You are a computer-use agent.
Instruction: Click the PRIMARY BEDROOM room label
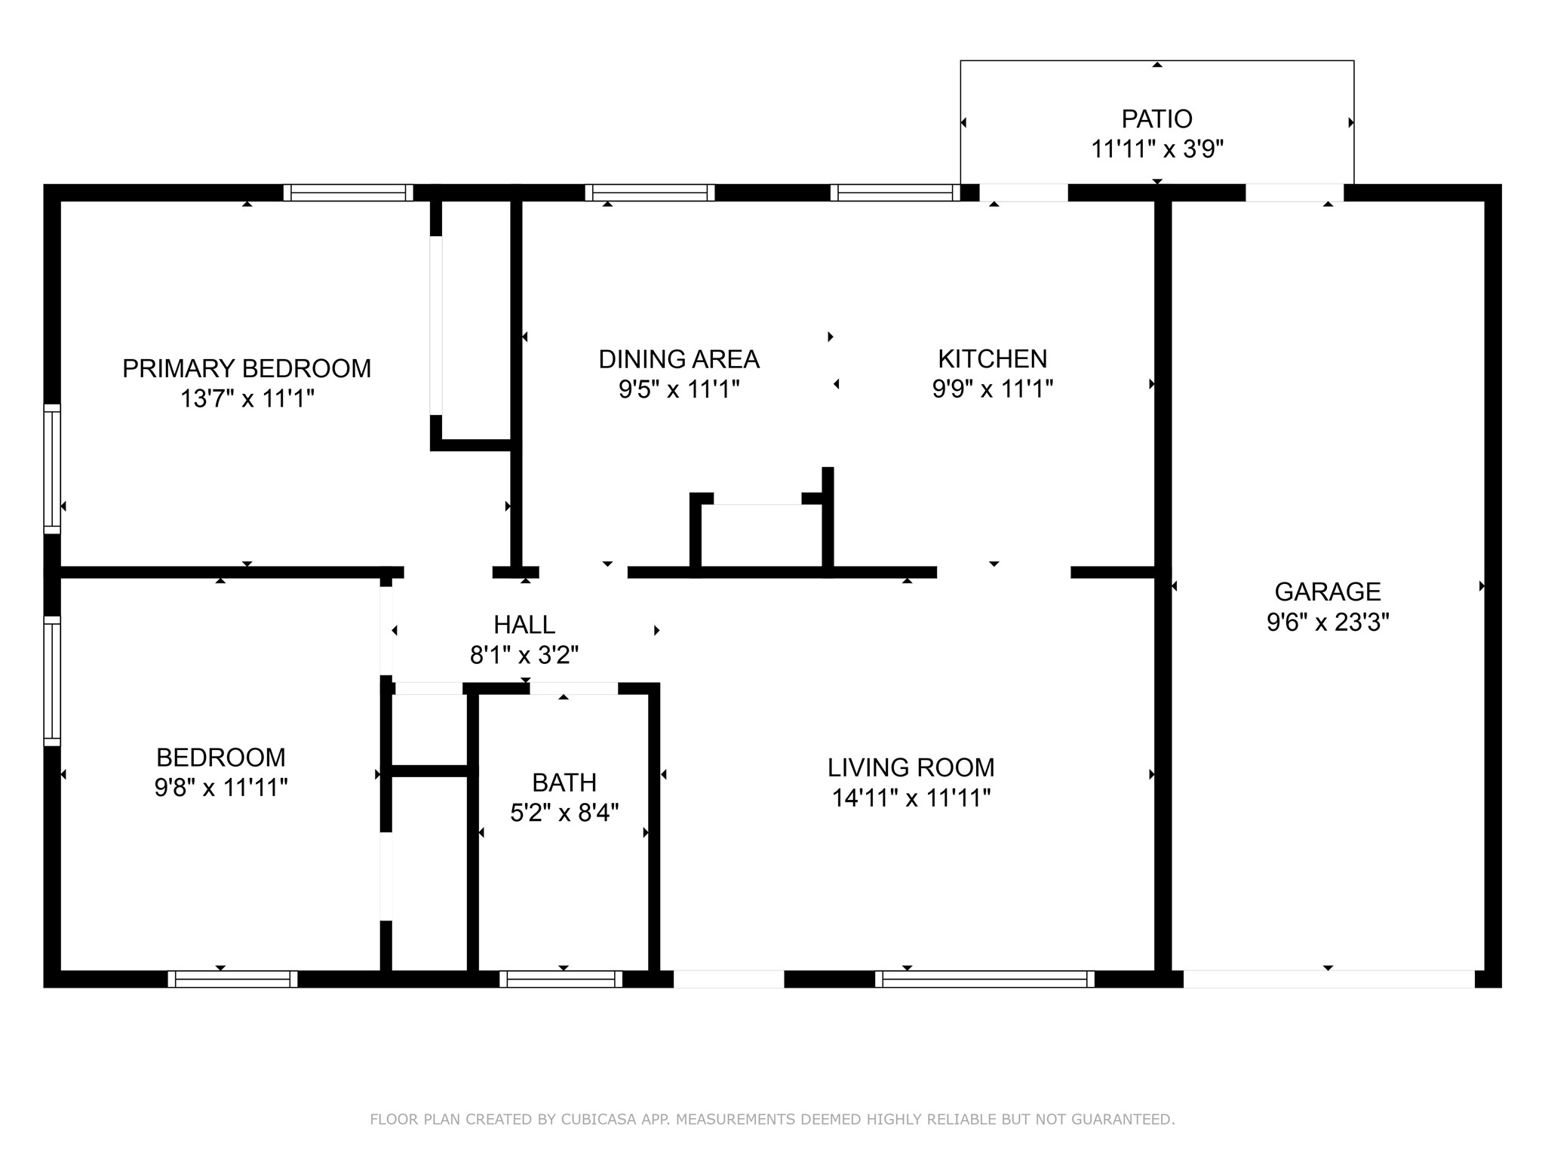click(247, 368)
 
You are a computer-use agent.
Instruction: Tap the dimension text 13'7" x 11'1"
click(247, 398)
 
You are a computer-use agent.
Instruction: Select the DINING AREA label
click(679, 359)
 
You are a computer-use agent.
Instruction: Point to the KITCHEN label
click(993, 358)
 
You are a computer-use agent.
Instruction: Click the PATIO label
click(1157, 119)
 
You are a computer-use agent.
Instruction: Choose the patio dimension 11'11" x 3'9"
click(1157, 149)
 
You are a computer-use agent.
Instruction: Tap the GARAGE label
click(1328, 592)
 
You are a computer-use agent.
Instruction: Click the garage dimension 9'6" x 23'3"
click(1328, 622)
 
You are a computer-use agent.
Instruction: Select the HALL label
click(524, 625)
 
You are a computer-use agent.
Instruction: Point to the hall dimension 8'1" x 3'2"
click(524, 655)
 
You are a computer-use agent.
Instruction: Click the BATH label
click(564, 782)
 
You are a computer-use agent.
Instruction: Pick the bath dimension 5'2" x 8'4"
click(564, 813)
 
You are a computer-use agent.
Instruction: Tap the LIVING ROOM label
click(911, 767)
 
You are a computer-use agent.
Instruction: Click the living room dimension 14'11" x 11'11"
click(911, 798)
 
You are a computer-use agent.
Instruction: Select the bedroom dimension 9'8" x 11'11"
click(221, 788)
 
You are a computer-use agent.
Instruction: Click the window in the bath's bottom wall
click(561, 979)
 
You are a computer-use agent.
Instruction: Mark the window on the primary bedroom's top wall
click(348, 192)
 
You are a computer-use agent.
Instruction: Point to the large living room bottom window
click(984, 979)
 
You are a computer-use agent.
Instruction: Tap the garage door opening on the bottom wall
click(1328, 979)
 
